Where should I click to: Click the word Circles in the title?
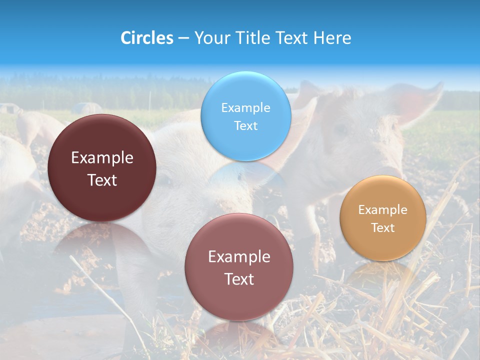(x=146, y=38)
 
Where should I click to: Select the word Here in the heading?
(x=332, y=38)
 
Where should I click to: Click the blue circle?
(x=245, y=116)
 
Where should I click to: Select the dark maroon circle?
(x=102, y=168)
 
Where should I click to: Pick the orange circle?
(x=383, y=218)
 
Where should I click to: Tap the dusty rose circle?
(x=239, y=267)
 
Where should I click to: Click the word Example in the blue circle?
(x=245, y=107)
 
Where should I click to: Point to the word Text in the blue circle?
(x=245, y=125)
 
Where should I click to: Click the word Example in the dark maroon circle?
(x=102, y=158)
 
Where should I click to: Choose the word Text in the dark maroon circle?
(x=102, y=180)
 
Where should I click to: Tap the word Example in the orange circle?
(x=383, y=209)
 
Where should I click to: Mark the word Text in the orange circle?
(x=383, y=227)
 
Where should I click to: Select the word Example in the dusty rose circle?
(x=239, y=257)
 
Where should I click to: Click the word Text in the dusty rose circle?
(x=239, y=279)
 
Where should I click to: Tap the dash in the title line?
(x=183, y=38)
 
